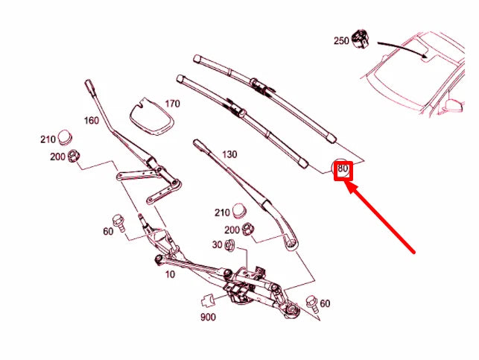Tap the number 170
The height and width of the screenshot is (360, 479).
point(172,104)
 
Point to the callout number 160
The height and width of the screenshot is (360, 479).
point(92,120)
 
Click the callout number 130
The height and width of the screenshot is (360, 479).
point(229,154)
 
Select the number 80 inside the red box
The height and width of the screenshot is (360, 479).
point(343,169)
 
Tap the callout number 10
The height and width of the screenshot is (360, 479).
point(170,274)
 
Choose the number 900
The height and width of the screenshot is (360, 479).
point(208,318)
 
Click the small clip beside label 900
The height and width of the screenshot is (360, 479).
point(208,302)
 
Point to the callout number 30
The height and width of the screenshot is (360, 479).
point(217,245)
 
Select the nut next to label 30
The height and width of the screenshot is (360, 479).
point(230,245)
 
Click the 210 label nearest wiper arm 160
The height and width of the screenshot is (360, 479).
point(48,139)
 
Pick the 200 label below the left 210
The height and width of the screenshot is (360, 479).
point(57,157)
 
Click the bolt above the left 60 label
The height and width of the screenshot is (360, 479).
point(118,220)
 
